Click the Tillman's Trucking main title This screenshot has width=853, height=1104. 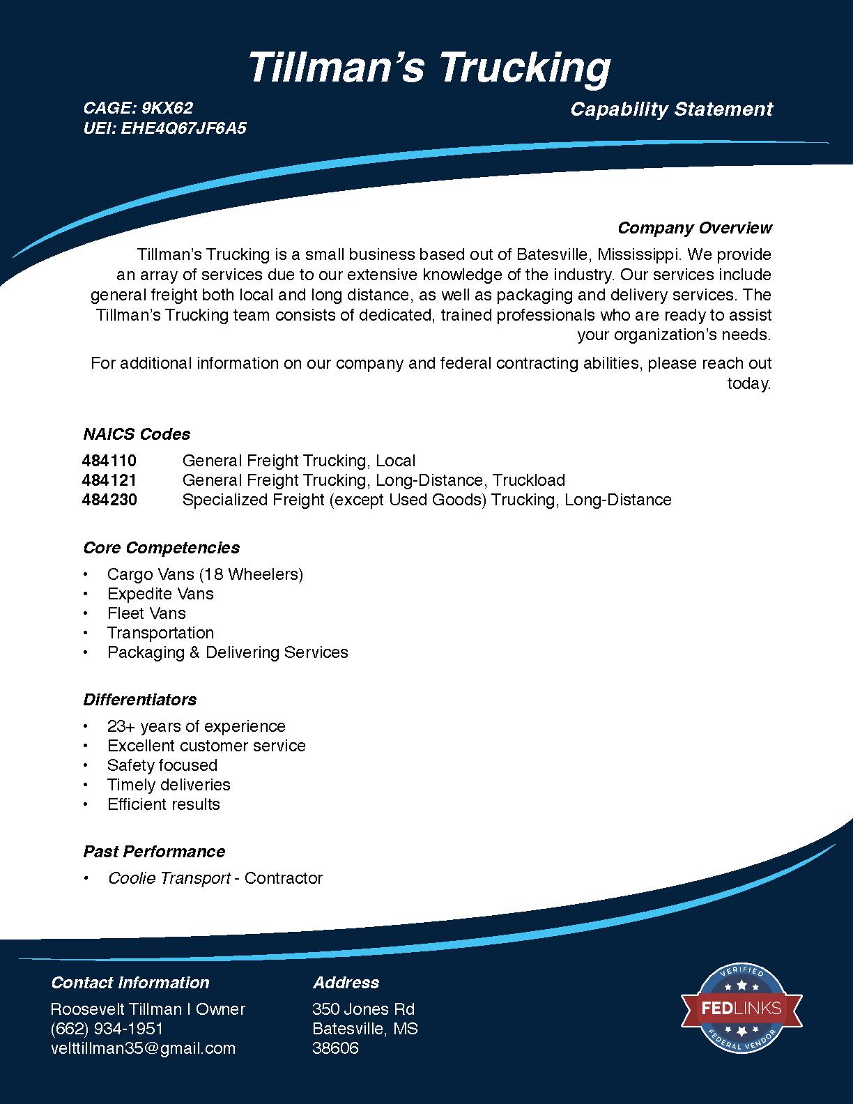429,68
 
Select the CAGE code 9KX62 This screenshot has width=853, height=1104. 167,108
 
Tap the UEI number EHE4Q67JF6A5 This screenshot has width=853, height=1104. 184,128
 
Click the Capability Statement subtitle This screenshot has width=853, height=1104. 671,109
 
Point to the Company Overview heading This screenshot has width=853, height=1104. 694,228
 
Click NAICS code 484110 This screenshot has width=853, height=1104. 109,461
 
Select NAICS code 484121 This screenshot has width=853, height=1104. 109,480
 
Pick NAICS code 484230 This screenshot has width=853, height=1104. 109,500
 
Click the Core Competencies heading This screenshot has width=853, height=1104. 161,548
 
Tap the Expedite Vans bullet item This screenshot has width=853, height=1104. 160,594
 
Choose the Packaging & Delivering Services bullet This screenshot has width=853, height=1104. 227,652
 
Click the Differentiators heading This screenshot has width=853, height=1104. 139,700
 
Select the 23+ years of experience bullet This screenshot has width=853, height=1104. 196,726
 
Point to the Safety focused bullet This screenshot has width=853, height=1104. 162,765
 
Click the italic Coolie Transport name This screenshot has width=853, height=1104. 169,878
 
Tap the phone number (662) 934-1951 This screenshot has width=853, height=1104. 107,1029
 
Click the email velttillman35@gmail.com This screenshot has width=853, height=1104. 143,1048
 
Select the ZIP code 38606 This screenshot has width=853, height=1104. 335,1048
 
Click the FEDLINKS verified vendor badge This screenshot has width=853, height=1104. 741,1007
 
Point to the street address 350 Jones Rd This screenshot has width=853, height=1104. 363,1009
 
